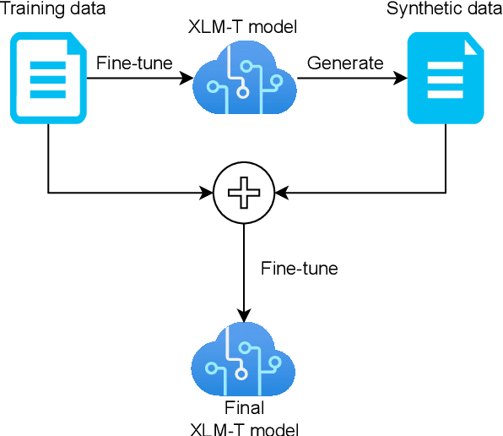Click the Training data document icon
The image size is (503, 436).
coord(48,79)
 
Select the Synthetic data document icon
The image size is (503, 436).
coord(446,79)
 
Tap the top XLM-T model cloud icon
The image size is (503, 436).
coord(244,81)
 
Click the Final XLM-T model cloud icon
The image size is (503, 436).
coord(244,360)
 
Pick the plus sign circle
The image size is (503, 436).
coord(244,193)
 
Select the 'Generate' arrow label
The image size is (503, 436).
coord(344,63)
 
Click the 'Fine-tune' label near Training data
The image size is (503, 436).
coord(134,63)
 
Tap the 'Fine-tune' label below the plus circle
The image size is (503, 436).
coord(299,269)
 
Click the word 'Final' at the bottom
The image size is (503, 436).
coord(244,408)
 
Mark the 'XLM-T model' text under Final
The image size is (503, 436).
coord(244,428)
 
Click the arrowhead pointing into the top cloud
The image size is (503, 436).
coord(187,79)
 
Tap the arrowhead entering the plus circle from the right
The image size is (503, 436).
coord(281,193)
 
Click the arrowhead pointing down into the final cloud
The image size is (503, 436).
coord(244,313)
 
